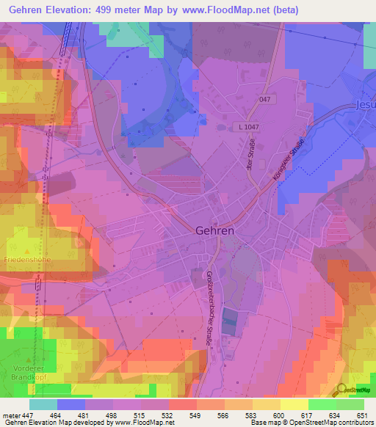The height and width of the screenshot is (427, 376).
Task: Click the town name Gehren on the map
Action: (x=214, y=230)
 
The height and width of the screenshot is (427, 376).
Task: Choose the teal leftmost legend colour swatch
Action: (x=43, y=404)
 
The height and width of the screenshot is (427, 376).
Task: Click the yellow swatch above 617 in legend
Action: (x=294, y=404)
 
